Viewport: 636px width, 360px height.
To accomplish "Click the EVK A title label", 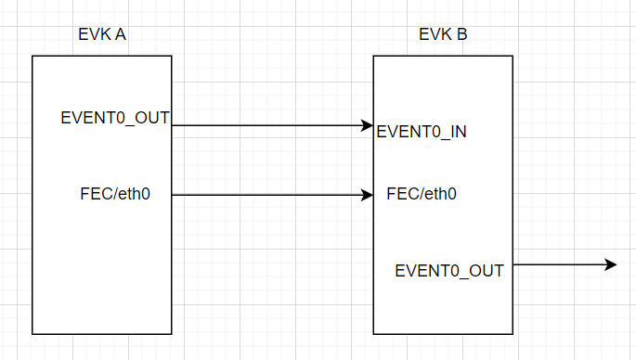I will pyautogui.click(x=102, y=36).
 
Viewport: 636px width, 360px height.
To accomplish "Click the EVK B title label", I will pyautogui.click(x=443, y=36).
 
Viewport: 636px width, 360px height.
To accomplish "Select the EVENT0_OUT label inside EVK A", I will pyautogui.click(x=115, y=118).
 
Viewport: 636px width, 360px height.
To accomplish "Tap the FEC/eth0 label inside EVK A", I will pyautogui.click(x=115, y=194).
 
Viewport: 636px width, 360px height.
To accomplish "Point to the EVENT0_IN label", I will pyautogui.click(x=422, y=132).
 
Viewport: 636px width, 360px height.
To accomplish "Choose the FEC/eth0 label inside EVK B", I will pyautogui.click(x=422, y=194).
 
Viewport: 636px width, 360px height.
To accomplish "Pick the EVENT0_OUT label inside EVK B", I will pyautogui.click(x=449, y=271).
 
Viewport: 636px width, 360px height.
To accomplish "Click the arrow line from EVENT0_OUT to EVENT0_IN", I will pyautogui.click(x=269, y=125).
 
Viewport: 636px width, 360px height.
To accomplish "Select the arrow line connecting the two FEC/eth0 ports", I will pyautogui.click(x=269, y=195).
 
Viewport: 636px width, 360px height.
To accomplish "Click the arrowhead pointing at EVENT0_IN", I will pyautogui.click(x=368, y=125).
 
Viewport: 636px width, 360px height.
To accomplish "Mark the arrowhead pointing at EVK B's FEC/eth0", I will pyautogui.click(x=368, y=195).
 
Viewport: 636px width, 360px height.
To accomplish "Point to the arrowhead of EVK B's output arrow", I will pyautogui.click(x=611, y=264).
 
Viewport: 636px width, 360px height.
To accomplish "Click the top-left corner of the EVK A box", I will pyautogui.click(x=32, y=56).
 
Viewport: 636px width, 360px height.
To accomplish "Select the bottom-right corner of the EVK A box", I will pyautogui.click(x=172, y=333).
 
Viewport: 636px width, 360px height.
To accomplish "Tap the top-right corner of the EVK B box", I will pyautogui.click(x=513, y=56).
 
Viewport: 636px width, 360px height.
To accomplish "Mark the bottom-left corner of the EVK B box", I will pyautogui.click(x=373, y=333).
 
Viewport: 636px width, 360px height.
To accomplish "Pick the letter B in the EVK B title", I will pyautogui.click(x=461, y=36).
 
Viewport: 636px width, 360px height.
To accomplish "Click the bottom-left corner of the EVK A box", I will pyautogui.click(x=32, y=333).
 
